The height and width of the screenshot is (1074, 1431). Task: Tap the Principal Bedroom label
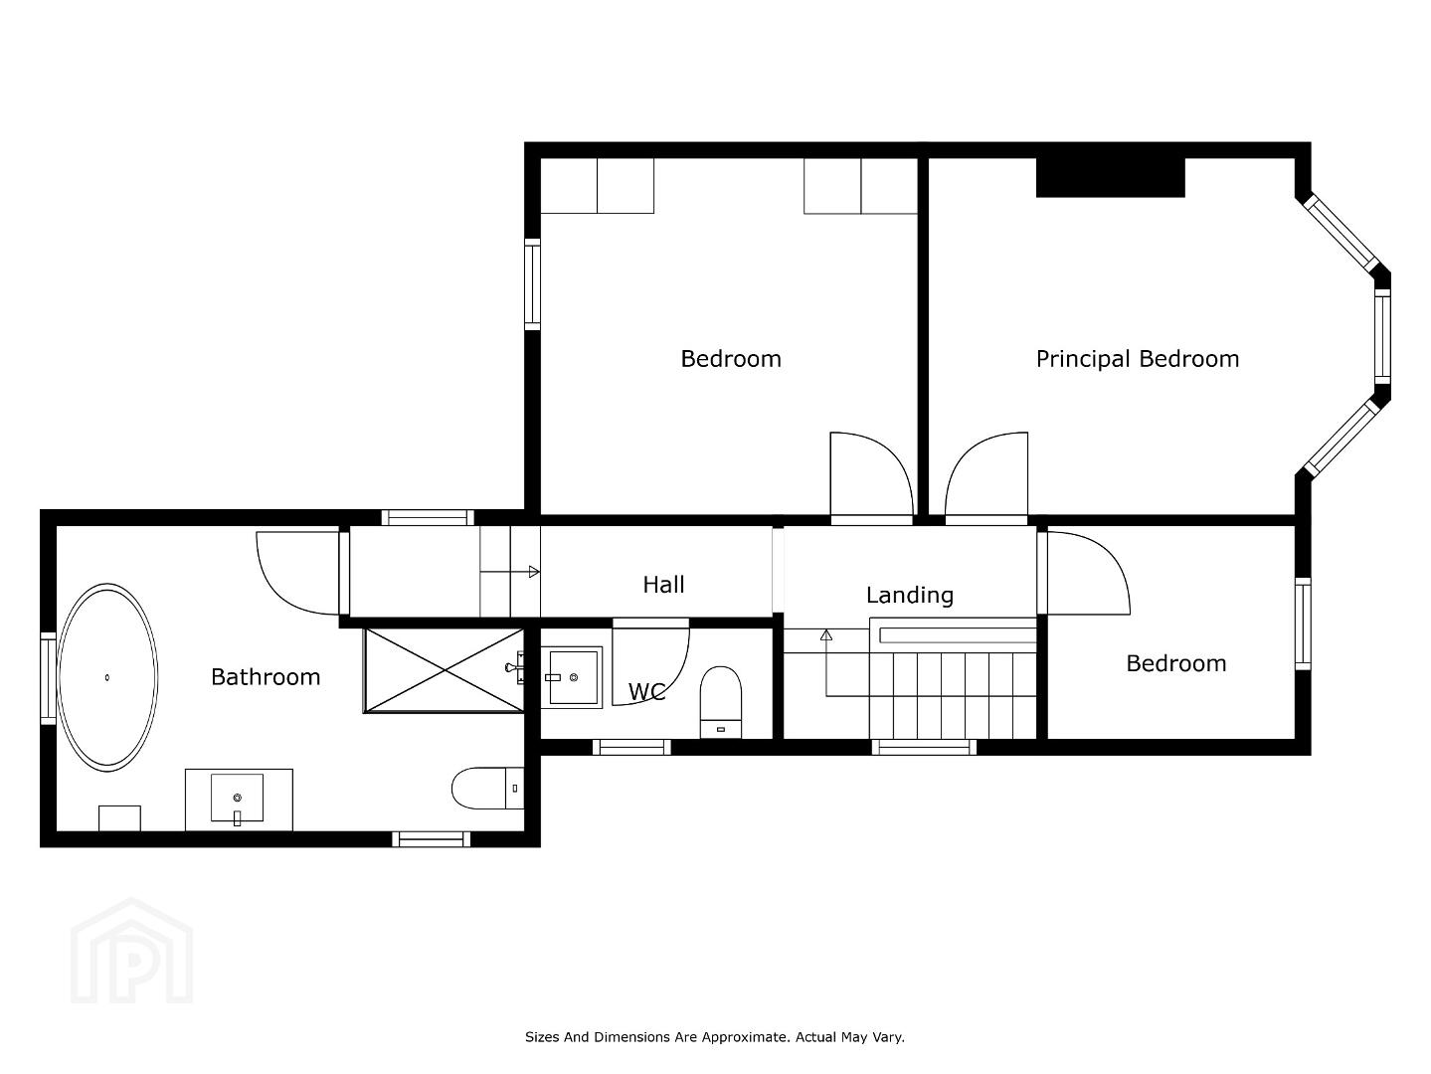[x=1137, y=359]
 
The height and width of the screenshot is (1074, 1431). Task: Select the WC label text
[x=646, y=691]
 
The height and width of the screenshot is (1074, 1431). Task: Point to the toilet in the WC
[x=720, y=702]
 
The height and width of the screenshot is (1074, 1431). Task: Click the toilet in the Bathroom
[x=487, y=788]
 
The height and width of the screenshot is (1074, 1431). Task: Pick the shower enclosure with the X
[x=444, y=670]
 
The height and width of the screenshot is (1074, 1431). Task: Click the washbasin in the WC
[x=571, y=677]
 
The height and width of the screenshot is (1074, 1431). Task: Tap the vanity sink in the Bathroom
[x=238, y=798]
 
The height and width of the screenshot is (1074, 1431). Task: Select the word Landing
[x=910, y=595]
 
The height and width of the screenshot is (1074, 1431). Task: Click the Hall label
[x=663, y=585]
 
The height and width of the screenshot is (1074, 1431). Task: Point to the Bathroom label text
[x=266, y=677]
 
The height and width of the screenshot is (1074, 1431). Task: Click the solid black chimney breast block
[x=1110, y=177]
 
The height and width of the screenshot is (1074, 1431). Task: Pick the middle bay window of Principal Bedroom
[x=1382, y=336]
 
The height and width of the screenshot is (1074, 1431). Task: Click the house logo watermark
[x=131, y=951]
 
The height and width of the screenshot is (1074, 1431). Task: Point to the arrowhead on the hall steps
[x=534, y=572]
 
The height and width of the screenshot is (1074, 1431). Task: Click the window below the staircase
[x=924, y=747]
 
